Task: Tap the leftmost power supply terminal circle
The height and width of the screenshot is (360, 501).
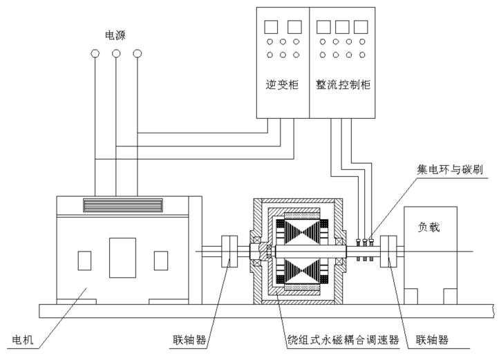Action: click(x=95, y=53)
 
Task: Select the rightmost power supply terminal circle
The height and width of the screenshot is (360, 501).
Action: click(x=137, y=53)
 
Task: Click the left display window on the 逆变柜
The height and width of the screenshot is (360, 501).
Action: click(x=271, y=26)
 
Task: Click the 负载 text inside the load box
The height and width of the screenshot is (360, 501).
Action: click(x=429, y=226)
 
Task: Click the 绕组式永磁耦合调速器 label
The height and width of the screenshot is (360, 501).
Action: click(x=343, y=340)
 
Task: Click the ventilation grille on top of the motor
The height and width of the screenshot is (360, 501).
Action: click(x=122, y=205)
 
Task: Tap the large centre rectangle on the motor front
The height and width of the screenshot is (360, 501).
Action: click(x=122, y=256)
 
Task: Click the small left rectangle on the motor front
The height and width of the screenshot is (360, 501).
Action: click(x=84, y=260)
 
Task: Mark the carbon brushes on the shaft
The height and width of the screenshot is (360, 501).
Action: click(x=364, y=243)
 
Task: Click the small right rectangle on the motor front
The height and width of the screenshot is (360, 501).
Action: click(x=161, y=260)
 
